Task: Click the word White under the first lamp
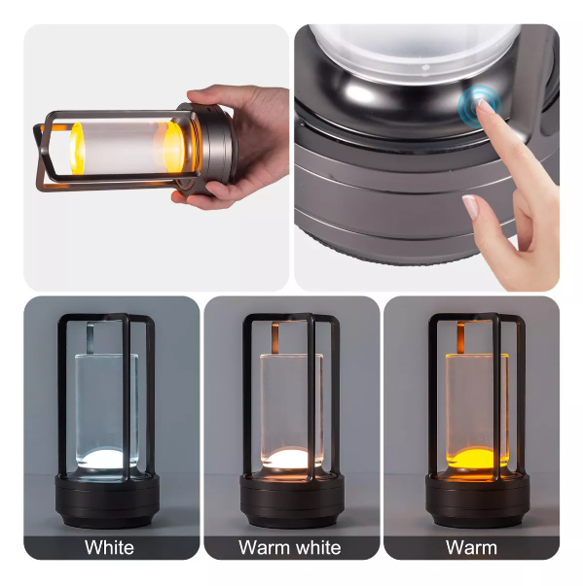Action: pos(109,548)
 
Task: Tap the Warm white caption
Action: pos(289,548)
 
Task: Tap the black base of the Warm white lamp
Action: pos(289,500)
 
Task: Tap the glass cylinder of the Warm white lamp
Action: pos(290,398)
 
